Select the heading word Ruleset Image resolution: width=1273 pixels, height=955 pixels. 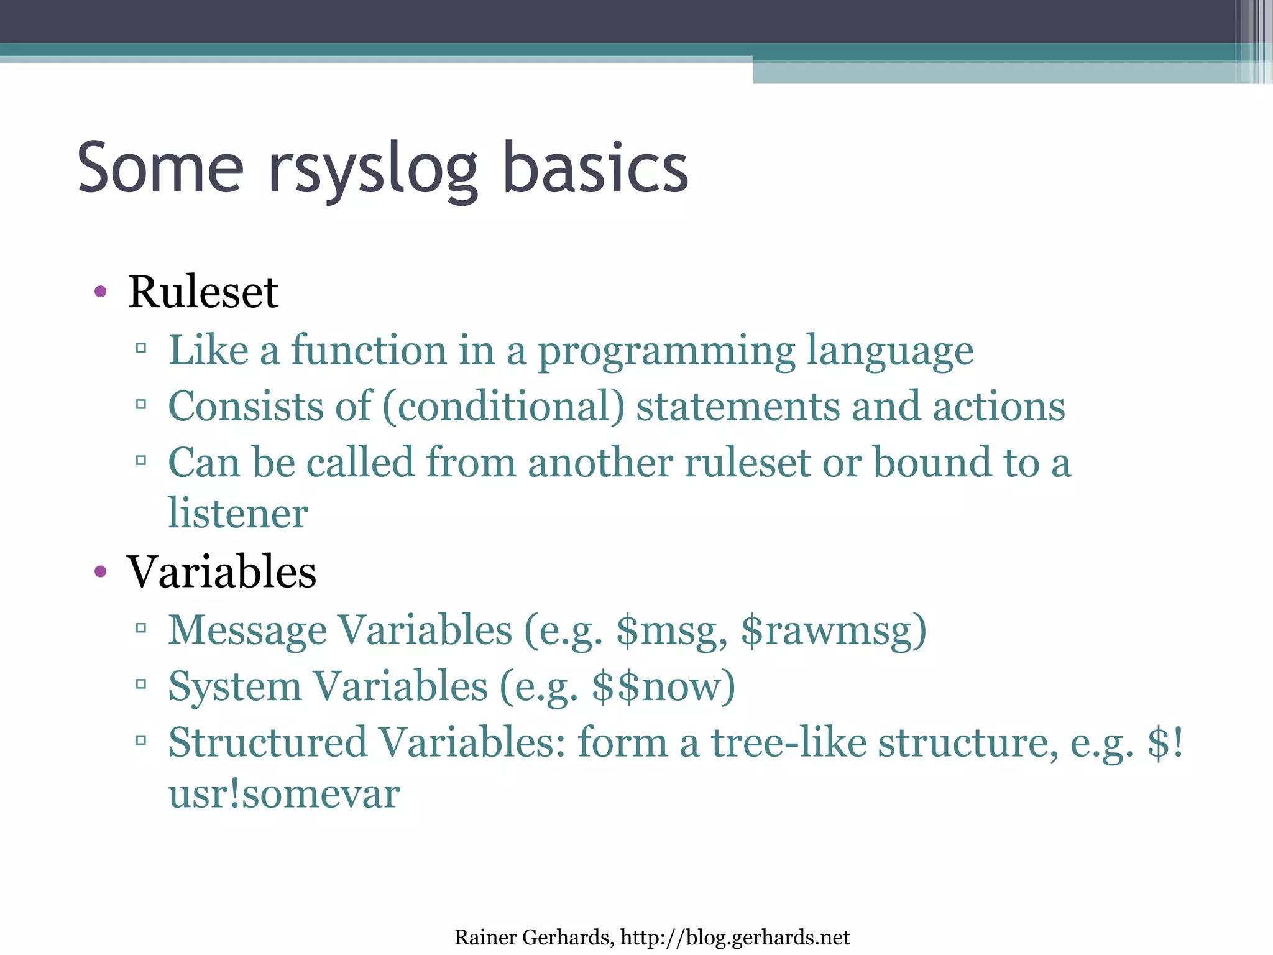(x=203, y=292)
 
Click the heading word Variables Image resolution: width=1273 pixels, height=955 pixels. (x=221, y=571)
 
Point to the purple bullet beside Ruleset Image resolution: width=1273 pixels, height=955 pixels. (x=101, y=292)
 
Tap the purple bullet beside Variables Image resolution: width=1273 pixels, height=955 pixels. (x=101, y=571)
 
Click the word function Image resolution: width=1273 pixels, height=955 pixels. (x=369, y=350)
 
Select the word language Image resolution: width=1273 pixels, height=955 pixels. (x=890, y=350)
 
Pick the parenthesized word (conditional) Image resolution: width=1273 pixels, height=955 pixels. (x=503, y=407)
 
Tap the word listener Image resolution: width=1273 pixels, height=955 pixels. (x=238, y=514)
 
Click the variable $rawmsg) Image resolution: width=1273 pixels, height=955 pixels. (x=834, y=630)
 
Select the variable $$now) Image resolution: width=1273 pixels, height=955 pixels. (x=663, y=686)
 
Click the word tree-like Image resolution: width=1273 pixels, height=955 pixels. (x=788, y=742)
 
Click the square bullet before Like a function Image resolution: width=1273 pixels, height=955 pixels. (x=141, y=348)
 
